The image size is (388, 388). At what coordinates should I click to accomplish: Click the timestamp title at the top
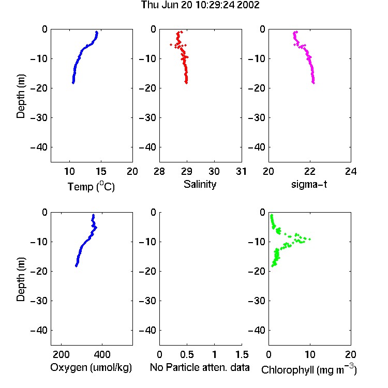point(200,5)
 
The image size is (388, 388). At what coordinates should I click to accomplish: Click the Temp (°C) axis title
point(91,187)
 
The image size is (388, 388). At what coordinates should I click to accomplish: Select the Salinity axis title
point(200,184)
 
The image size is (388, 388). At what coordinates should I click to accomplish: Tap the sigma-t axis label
point(309,184)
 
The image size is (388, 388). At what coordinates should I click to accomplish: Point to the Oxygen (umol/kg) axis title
point(91,367)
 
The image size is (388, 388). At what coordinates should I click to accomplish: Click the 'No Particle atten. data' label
point(200,367)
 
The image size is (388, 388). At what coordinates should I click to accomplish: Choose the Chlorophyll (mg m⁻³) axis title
point(309,369)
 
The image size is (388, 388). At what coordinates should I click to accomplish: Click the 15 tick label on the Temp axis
point(101,171)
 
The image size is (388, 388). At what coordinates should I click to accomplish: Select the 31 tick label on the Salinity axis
point(241,171)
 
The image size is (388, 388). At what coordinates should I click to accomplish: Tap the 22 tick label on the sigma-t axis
point(309,171)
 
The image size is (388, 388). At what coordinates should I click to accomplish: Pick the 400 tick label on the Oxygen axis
point(102,354)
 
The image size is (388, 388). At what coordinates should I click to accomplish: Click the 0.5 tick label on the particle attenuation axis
point(187,354)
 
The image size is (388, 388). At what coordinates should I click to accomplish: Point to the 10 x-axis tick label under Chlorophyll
point(310,354)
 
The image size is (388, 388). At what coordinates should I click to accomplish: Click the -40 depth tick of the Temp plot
point(39,147)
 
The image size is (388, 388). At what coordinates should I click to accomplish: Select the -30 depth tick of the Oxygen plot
point(39,301)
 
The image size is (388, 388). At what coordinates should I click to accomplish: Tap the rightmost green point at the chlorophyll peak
point(309,239)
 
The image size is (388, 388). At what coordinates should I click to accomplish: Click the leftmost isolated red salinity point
point(171,45)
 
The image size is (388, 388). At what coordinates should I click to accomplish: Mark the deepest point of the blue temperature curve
point(73,83)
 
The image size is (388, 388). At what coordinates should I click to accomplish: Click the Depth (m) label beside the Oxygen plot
point(21,279)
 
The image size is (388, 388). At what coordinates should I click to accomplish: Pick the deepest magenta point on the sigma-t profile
point(314,83)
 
